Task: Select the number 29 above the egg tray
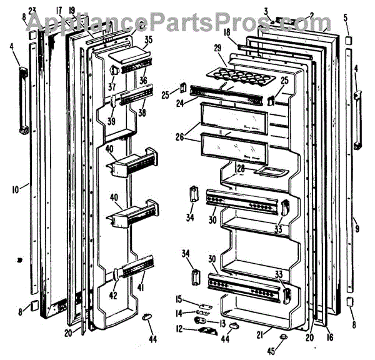[x=218, y=48]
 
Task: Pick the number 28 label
[x=239, y=169]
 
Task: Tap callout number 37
[x=112, y=87]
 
